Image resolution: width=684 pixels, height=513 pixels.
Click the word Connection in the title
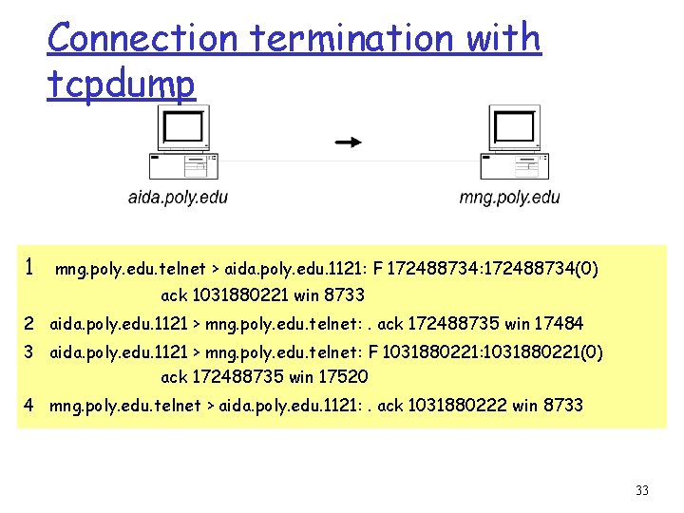[142, 38]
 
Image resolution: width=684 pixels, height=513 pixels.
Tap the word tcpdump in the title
[121, 85]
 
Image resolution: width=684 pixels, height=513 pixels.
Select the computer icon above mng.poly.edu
[513, 142]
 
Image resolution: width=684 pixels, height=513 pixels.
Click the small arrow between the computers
[349, 142]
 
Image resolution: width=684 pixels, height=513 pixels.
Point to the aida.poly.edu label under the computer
[178, 198]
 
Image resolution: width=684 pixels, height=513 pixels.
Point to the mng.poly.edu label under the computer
[509, 198]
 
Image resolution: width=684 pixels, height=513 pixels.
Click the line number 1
[30, 267]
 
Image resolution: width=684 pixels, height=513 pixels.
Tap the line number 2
[29, 324]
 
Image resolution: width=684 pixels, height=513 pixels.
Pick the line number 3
[29, 352]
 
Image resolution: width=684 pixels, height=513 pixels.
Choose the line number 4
[29, 406]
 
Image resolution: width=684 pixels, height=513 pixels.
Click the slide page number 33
[641, 490]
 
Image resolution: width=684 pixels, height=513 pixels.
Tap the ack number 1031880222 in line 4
[457, 406]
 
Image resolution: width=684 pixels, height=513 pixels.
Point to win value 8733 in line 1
[342, 295]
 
